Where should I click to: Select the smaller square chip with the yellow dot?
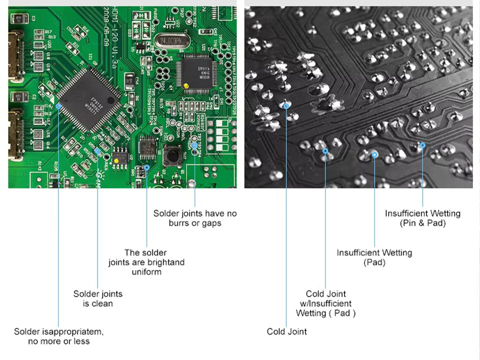coord(197,71)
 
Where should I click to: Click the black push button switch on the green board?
coord(172,154)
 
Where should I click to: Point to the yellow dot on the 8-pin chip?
coord(116,160)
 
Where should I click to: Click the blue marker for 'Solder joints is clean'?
coord(97,150)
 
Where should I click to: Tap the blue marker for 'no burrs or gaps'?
coord(194,145)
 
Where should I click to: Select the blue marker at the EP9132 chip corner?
coord(58,106)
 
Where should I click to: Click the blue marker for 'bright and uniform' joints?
coord(146,167)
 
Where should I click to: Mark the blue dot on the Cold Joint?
coord(286,105)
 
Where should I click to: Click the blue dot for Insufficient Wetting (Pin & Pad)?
coord(422,145)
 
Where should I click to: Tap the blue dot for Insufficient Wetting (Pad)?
coord(374,155)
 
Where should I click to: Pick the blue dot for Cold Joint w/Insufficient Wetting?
coord(325,150)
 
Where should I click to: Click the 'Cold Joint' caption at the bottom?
coord(286,331)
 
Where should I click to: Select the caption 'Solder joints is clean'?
coord(98,298)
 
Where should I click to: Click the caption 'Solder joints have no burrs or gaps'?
coord(195,218)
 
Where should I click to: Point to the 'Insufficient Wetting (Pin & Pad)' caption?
coord(422,218)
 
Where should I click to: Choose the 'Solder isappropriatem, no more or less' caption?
coord(58,336)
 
